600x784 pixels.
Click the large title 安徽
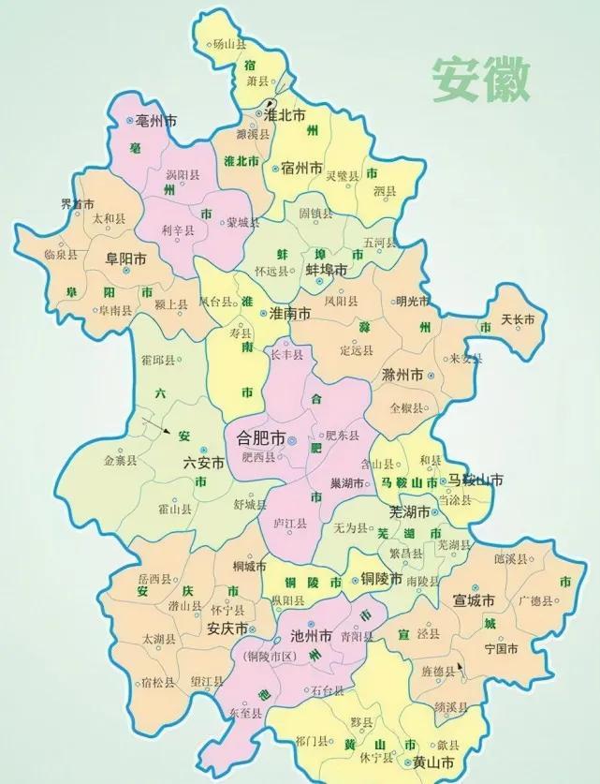480,81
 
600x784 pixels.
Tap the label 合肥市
256,438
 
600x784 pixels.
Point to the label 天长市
518,320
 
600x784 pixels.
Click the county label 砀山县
230,43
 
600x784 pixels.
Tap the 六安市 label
204,463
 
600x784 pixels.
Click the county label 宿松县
157,682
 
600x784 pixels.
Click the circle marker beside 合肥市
292,438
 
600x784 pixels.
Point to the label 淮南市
290,316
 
